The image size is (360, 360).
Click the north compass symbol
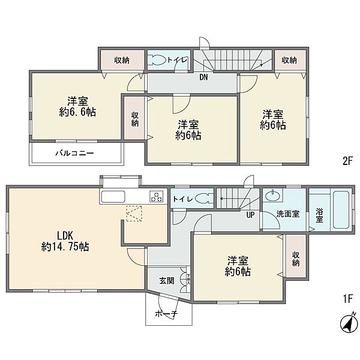coord(349,323)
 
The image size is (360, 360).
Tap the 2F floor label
coord(347,161)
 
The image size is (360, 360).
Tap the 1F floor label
coord(347,299)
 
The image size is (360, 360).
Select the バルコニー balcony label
coord(74,153)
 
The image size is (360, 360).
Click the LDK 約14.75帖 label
coord(65,241)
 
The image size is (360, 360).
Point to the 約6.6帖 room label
coord(77,112)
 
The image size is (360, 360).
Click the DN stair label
coord(203,77)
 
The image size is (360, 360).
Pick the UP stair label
coord(250,215)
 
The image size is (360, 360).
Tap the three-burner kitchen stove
coord(157,196)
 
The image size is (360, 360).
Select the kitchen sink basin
coord(113,196)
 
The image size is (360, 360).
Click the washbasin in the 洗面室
coord(272,196)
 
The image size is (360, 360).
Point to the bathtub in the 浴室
coord(341,210)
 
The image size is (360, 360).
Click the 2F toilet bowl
coord(157,60)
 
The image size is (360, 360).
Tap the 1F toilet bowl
coord(203,199)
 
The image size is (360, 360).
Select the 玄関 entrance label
coord(166,281)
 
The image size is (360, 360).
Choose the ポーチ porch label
coord(167,313)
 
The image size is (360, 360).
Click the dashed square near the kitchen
coord(134,214)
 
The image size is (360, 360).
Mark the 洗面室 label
coord(287,214)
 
